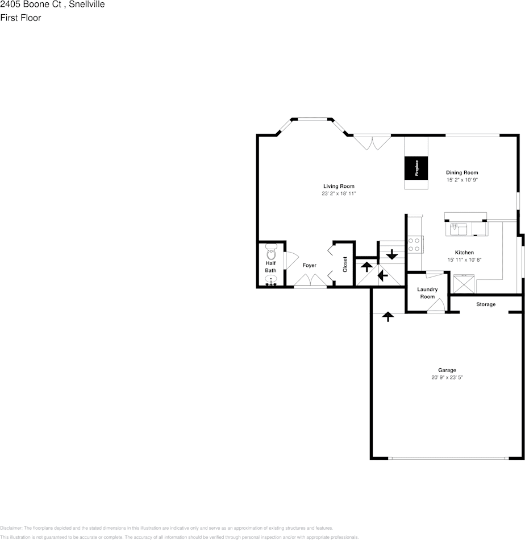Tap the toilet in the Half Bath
click(270, 252)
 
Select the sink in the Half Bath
click(272, 280)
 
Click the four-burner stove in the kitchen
click(415, 244)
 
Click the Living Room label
click(339, 186)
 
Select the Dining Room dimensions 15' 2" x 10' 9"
click(462, 180)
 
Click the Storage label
click(485, 304)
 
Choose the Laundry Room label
click(427, 293)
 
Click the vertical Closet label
click(345, 264)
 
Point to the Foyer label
click(309, 266)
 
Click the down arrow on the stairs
click(391, 254)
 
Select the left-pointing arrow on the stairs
click(382, 276)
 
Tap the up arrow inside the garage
click(389, 316)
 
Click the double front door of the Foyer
click(310, 281)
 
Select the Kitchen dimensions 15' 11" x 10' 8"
click(464, 259)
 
